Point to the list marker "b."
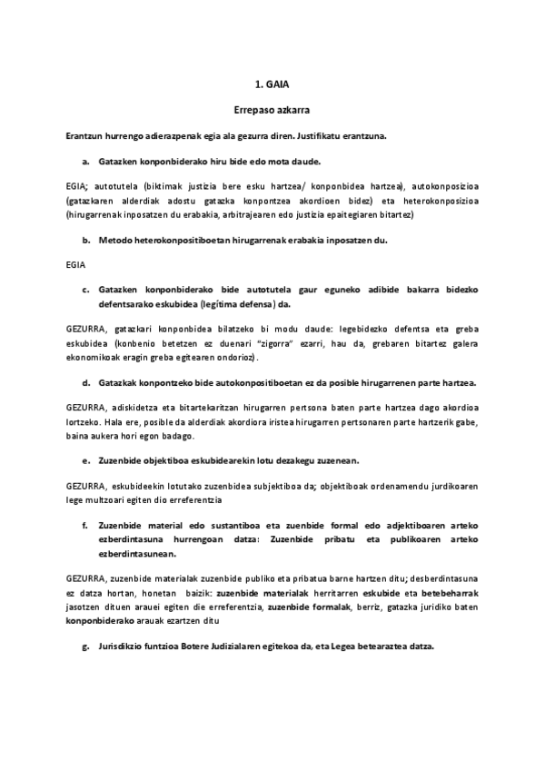pos(85,241)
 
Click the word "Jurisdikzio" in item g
pos(122,647)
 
